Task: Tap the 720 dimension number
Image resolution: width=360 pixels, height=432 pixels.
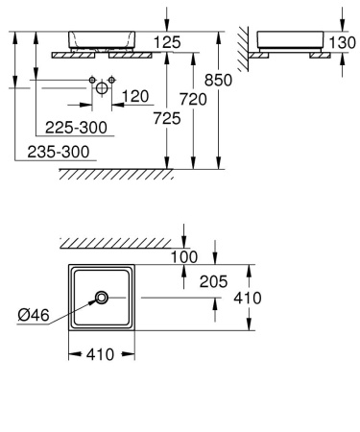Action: point(194,101)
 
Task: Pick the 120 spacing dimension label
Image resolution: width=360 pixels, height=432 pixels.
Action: point(135,96)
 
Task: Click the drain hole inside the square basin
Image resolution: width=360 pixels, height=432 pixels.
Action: point(100,299)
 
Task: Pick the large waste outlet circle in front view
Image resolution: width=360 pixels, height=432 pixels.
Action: point(101,88)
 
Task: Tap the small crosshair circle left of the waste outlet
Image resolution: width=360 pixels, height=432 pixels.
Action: point(90,78)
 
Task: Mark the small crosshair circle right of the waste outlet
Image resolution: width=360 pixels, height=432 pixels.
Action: point(112,78)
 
